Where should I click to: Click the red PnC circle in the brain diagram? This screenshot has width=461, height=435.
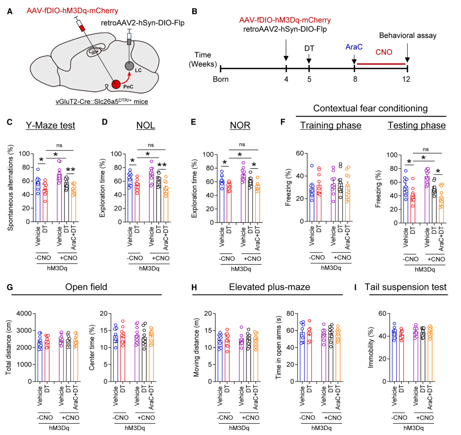(116, 85)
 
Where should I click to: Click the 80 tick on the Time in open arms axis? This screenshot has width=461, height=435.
(299, 313)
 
